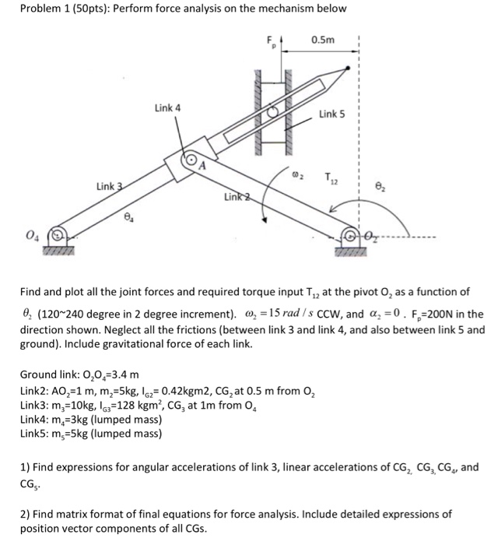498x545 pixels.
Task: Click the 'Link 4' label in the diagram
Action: [x=167, y=107]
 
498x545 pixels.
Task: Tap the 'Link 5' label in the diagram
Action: [x=331, y=114]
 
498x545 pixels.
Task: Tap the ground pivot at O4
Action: [x=55, y=233]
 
